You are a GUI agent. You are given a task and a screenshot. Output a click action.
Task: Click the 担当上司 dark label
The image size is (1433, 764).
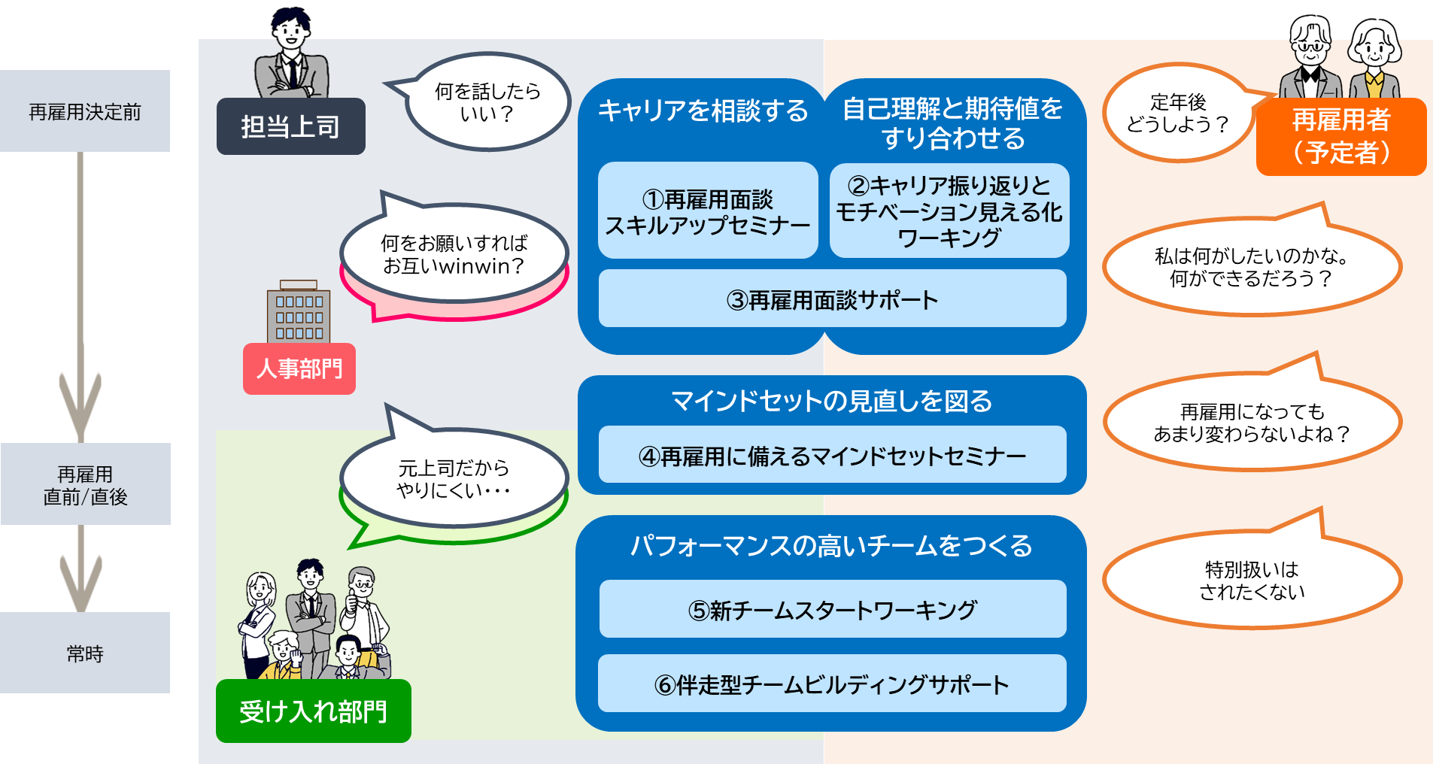[290, 126]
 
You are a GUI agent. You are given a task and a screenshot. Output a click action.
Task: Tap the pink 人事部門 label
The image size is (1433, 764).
[299, 368]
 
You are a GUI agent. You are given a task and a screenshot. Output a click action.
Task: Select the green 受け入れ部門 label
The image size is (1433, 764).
[313, 711]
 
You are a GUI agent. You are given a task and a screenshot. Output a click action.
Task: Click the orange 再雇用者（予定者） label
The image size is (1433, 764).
[1341, 136]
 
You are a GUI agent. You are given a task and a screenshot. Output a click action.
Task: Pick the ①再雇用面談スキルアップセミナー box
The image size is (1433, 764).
[708, 211]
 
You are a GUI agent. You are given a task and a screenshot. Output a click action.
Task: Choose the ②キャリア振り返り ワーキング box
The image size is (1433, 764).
[949, 211]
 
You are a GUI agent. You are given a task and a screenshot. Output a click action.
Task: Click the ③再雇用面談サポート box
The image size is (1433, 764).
[833, 299]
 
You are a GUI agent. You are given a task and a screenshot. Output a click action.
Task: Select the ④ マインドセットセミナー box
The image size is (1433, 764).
[833, 454]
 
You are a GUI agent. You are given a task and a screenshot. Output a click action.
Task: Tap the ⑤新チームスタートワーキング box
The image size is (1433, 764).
[833, 608]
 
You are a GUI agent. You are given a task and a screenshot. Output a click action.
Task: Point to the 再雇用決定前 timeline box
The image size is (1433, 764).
[85, 111]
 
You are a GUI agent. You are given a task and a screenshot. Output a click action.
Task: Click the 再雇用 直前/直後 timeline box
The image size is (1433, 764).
[85, 484]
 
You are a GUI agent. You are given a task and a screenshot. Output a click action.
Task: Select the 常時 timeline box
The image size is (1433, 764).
[85, 653]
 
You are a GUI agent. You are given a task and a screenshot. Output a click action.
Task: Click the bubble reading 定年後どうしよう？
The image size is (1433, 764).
[1179, 113]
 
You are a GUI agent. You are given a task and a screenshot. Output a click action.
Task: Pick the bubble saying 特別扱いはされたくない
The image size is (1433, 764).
[1252, 580]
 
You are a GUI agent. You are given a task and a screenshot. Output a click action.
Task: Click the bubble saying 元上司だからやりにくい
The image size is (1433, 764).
[454, 478]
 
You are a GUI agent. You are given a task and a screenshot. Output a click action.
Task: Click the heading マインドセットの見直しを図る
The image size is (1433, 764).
[831, 401]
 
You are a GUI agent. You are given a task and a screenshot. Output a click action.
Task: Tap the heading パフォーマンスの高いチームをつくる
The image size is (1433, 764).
[831, 545]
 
